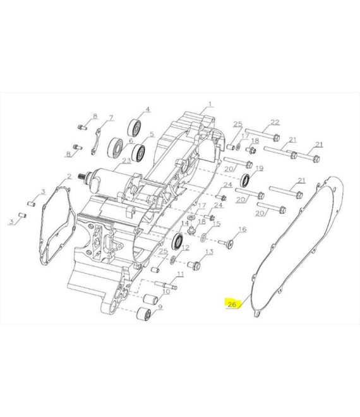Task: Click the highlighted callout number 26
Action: click(232, 304)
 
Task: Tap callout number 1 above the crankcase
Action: click(210, 104)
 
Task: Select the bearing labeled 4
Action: click(135, 128)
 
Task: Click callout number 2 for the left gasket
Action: click(69, 176)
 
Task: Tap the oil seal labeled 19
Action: click(245, 180)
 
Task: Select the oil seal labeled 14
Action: click(177, 241)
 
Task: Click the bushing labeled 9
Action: click(143, 313)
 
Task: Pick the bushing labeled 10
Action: click(150, 299)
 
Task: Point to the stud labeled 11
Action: click(166, 285)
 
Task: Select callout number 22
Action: click(275, 123)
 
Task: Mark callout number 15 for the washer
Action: click(217, 224)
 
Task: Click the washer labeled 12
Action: click(172, 260)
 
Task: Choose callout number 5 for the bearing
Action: click(152, 135)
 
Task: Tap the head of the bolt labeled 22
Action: click(276, 138)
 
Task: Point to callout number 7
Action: click(111, 118)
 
